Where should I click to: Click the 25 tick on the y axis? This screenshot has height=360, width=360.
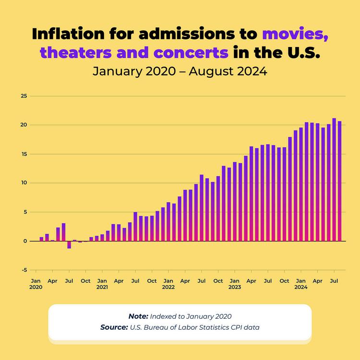point(23,96)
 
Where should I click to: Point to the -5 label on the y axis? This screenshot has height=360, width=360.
point(24,270)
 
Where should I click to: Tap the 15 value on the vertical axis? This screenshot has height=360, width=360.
point(23,154)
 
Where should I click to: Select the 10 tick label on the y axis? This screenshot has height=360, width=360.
point(23,183)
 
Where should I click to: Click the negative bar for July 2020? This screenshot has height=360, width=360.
point(69,245)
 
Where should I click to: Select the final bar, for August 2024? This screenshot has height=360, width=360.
point(339,181)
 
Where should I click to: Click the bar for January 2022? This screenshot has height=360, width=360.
point(168,221)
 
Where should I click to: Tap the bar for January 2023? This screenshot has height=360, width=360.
point(235,201)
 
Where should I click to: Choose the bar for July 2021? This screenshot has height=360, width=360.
point(135,226)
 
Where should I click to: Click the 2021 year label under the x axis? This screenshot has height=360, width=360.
point(102,288)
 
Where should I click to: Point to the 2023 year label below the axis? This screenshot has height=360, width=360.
point(235,288)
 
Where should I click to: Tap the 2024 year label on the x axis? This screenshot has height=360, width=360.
point(301,288)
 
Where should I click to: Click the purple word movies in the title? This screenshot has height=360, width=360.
point(294,35)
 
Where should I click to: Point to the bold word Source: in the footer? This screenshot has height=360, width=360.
point(113,327)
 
